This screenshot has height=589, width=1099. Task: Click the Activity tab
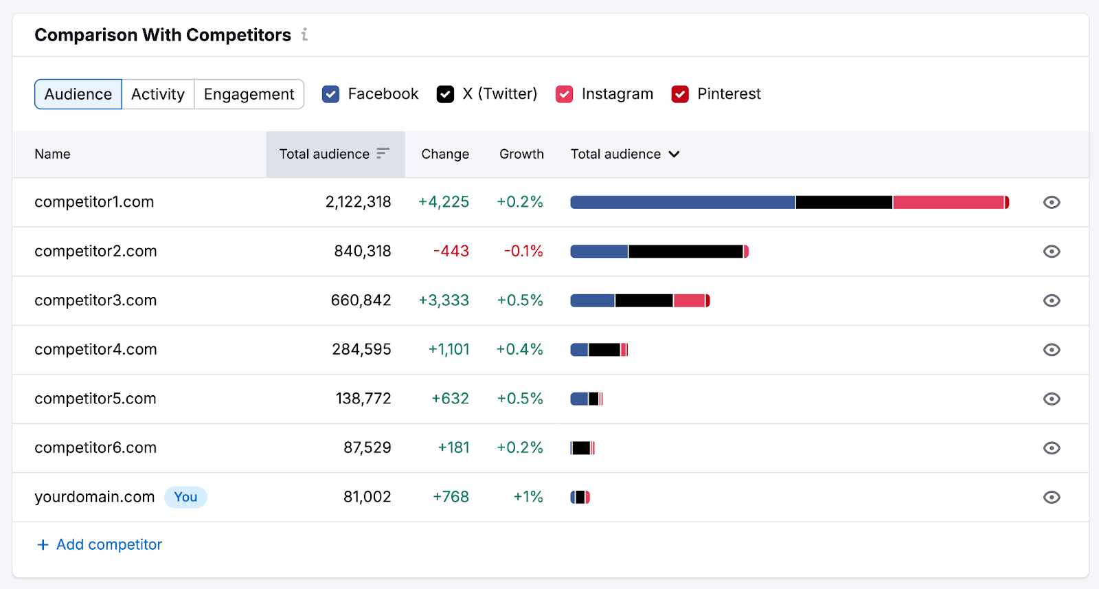(x=158, y=94)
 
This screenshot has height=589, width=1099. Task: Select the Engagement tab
(x=249, y=94)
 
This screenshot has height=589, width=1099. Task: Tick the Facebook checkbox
(x=330, y=94)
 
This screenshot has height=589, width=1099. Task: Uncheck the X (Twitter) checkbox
(x=445, y=94)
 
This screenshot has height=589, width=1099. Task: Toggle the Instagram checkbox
(x=564, y=94)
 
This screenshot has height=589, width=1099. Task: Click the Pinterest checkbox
(x=680, y=94)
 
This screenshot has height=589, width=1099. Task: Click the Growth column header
(x=521, y=154)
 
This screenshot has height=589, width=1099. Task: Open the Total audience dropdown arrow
(x=675, y=154)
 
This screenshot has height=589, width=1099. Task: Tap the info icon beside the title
(x=304, y=34)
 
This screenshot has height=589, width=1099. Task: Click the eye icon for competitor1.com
(x=1052, y=202)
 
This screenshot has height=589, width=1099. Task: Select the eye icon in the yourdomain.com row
(x=1052, y=497)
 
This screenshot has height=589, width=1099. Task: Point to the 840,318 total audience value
(x=363, y=252)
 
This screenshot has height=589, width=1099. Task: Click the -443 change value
(x=451, y=252)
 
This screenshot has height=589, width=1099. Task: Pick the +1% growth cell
(x=528, y=497)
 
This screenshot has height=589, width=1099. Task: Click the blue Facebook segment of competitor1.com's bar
(x=682, y=202)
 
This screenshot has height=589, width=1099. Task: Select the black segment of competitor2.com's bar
(x=686, y=252)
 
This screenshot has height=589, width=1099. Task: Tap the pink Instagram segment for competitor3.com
(x=690, y=300)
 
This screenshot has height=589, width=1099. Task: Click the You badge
(x=185, y=497)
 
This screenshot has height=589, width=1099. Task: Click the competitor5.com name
(x=95, y=399)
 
